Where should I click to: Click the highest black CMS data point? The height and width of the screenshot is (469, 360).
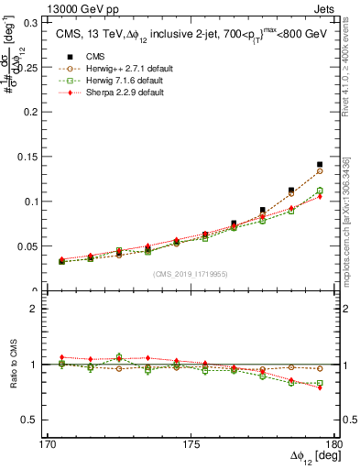(x=320, y=165)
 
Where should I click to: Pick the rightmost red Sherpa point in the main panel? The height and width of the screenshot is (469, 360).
(x=320, y=197)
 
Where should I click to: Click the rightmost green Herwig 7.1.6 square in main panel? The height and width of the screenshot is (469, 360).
(x=320, y=191)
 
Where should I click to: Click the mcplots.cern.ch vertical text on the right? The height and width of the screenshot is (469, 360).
(x=351, y=220)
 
